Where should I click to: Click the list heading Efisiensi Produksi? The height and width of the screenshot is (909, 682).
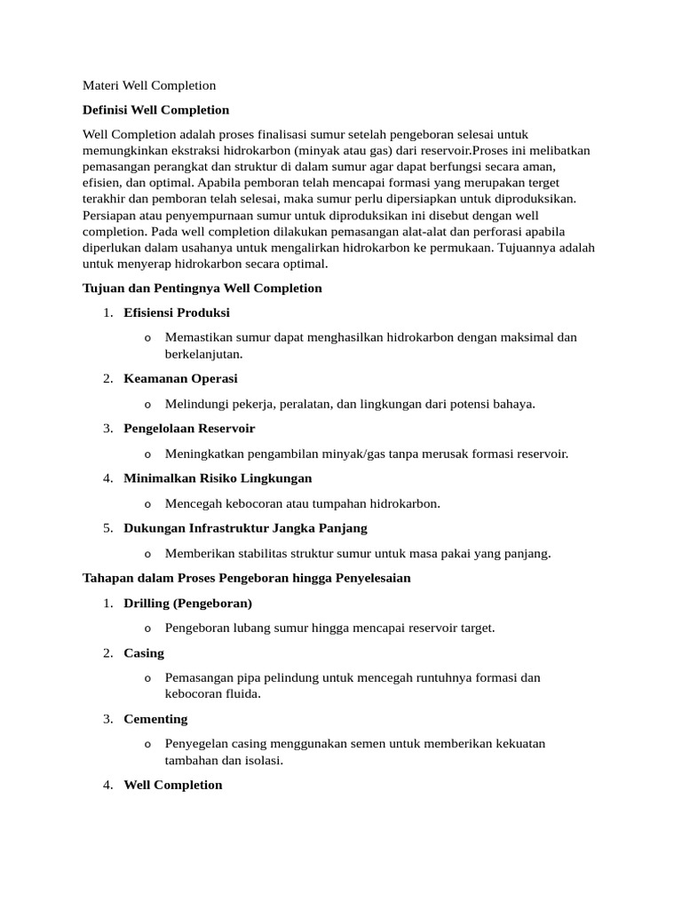[177, 312]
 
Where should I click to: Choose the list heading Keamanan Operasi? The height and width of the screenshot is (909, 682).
[180, 378]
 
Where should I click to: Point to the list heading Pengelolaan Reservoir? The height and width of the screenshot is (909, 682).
[189, 428]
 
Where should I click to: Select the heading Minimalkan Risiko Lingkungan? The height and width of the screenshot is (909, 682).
[218, 478]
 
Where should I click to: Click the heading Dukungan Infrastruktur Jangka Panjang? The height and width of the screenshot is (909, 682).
[245, 527]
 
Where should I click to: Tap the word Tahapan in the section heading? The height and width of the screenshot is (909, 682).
[108, 578]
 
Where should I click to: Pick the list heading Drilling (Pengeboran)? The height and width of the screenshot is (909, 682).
[188, 603]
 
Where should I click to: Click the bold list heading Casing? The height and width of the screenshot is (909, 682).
[144, 652]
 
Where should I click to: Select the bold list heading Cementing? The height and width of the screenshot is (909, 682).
[155, 718]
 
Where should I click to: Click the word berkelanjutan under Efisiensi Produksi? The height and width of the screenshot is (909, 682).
[203, 353]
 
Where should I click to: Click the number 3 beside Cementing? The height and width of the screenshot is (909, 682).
[107, 718]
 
